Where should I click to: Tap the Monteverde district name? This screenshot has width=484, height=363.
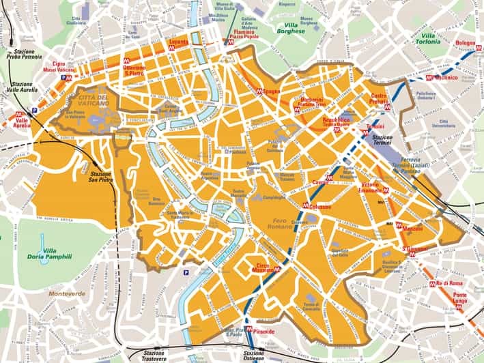pos(66,293)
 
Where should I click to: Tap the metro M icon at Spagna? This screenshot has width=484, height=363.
pos(259,91)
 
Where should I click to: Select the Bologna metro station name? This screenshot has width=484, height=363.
pos(466,43)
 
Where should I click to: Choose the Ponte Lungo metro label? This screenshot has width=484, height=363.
pos(464,298)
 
